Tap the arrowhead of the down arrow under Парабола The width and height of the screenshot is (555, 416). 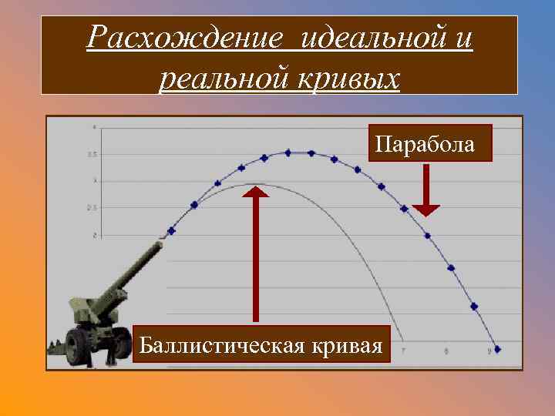coord(425,210)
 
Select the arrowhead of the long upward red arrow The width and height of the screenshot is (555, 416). coord(255,191)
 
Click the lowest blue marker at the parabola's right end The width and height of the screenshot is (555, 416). coord(497,348)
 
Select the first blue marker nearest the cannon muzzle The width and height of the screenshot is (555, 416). coord(171,230)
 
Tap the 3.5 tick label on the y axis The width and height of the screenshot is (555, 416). coord(92,155)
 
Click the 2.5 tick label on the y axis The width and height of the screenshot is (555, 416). coord(92,208)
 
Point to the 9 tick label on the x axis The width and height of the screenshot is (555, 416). coord(489,352)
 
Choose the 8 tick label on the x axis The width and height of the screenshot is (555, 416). coord(446,352)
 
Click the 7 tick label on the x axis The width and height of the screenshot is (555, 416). coord(402,352)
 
